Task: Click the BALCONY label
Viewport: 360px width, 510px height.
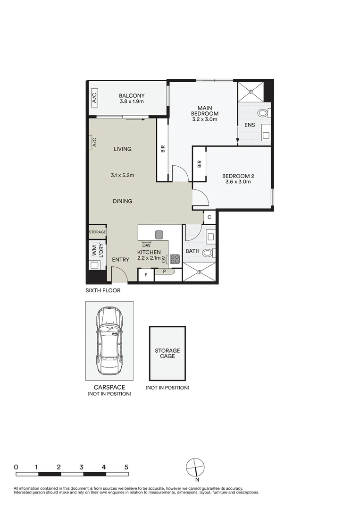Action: point(132,95)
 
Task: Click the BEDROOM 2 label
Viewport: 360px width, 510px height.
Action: point(238,177)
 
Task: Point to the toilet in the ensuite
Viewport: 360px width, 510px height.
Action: point(263,113)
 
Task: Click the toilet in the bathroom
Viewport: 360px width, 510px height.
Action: point(208,253)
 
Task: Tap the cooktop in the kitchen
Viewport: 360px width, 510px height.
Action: point(175,259)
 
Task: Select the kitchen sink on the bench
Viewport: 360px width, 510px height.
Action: point(159,234)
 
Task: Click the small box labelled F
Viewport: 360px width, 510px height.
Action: point(146,275)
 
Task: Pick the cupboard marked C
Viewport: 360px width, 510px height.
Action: point(209,217)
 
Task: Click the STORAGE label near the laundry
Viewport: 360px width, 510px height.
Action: point(97,232)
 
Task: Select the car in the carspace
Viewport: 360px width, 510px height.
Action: point(109,340)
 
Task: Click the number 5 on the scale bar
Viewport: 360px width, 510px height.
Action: point(126,467)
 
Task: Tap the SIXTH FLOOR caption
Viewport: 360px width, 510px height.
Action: point(103,291)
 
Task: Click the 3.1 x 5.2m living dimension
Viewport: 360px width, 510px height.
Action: point(123,175)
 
